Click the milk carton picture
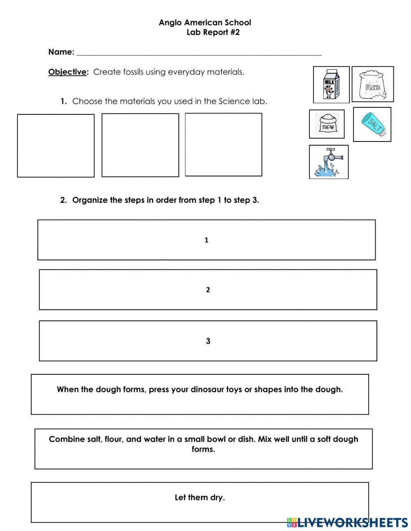tap(331, 84)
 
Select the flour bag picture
tap(372, 84)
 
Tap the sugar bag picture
tap(327, 124)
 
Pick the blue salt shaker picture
tap(372, 124)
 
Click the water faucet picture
tap(328, 162)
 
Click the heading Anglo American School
tap(205, 23)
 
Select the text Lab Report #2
tap(213, 32)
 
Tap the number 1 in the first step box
tap(206, 240)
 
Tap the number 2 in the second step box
tap(208, 290)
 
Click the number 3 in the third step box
tap(208, 341)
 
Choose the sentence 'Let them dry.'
tap(200, 498)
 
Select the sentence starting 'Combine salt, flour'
tap(203, 444)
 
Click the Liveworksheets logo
tap(347, 522)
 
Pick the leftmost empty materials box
tap(55, 146)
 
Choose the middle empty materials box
tap(140, 145)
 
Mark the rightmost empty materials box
tap(223, 144)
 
